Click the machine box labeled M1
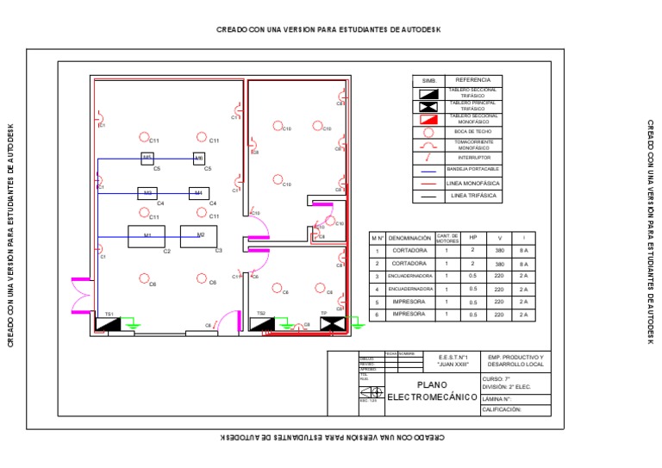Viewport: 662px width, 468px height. (147, 236)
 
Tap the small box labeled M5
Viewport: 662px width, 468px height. (147, 158)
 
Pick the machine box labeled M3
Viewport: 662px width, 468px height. (147, 193)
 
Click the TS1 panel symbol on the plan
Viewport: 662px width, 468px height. (109, 325)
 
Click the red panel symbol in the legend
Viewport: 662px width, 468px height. (429, 119)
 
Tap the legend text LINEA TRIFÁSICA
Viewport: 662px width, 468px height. (472, 197)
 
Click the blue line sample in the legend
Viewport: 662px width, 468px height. (429, 171)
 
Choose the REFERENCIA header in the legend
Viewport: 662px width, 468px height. (472, 80)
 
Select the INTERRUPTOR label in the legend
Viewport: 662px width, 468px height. (472, 158)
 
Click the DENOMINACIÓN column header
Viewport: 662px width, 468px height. (409, 237)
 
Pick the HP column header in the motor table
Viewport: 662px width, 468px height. (473, 237)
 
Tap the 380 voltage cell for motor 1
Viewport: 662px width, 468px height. (500, 250)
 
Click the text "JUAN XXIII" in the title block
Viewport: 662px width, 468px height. (453, 365)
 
